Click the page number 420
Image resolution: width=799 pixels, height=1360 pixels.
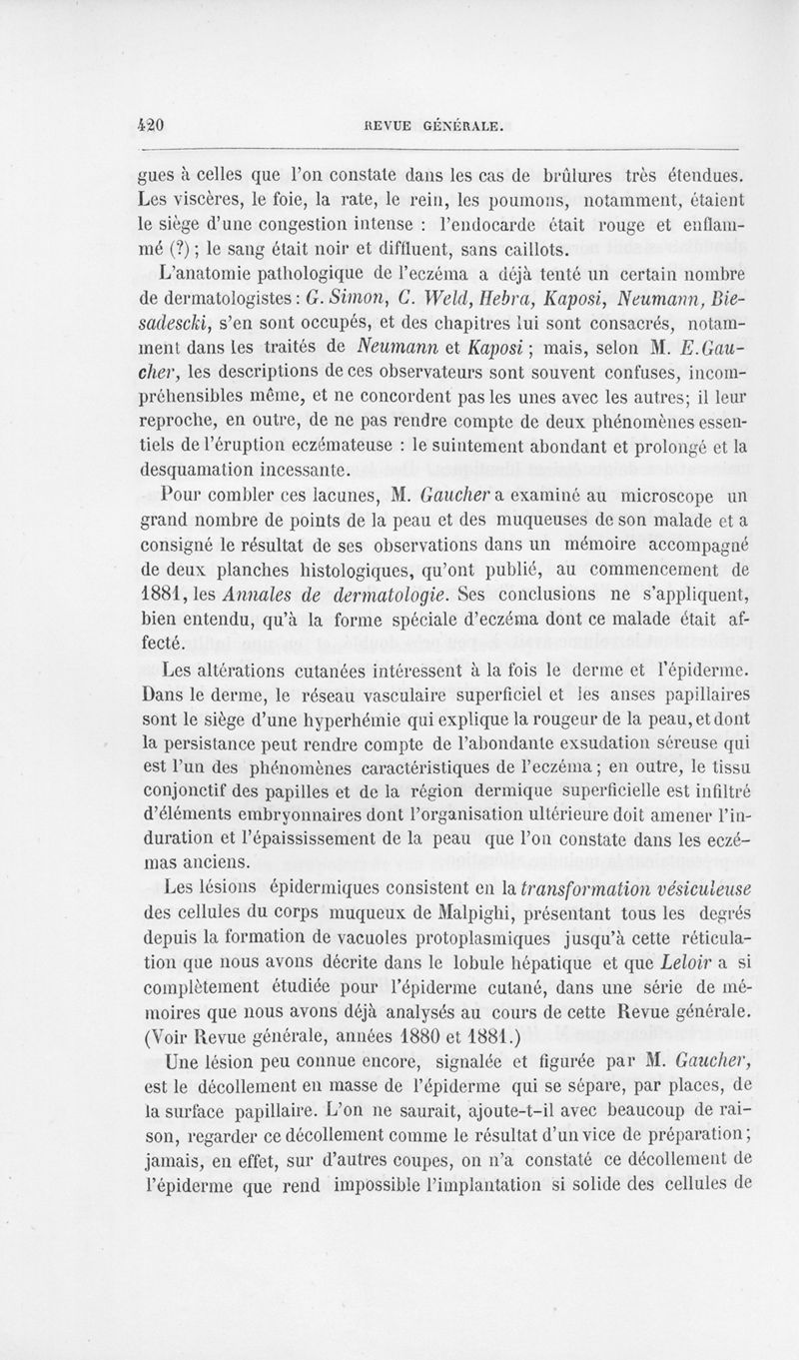pos(150,125)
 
